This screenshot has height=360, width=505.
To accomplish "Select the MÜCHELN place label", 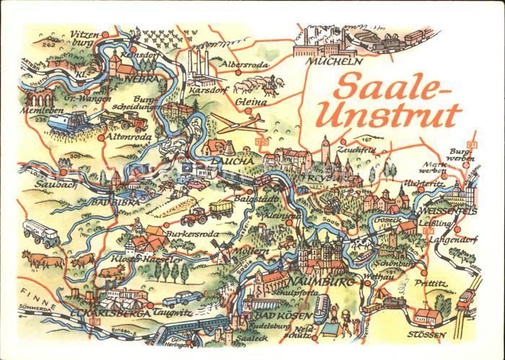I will [x=332, y=61].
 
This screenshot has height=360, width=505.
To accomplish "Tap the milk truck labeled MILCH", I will [x=40, y=232].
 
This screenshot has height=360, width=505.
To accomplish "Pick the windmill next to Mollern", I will [x=221, y=250].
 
